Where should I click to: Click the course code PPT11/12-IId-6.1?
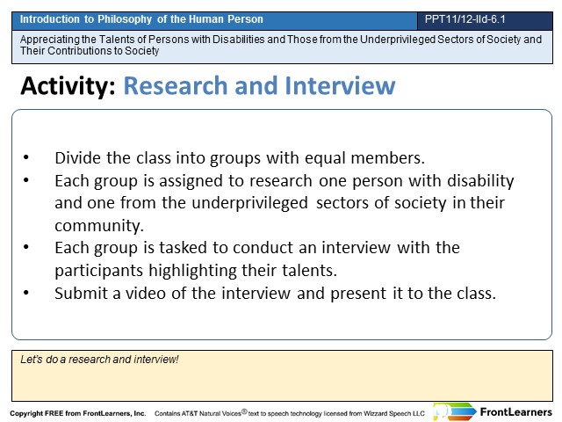pos(465,19)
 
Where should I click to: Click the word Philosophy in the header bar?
pos(125,19)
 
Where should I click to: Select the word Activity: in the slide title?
pos(68,86)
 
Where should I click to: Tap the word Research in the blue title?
pos(176,86)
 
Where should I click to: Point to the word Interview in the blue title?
pos(340,86)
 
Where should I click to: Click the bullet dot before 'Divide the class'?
pos(26,157)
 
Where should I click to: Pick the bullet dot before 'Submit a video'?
pos(26,293)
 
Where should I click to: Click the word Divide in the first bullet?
pos(77,158)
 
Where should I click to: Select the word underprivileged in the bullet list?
pos(249,203)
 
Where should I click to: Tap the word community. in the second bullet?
pos(99,226)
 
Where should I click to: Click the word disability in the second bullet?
pos(480,181)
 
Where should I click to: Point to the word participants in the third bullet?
pos(98,271)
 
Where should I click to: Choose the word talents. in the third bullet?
pos(310,270)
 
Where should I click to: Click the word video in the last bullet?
pos(146,293)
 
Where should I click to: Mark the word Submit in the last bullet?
pos(81,293)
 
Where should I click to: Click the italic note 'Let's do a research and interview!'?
pos(99,360)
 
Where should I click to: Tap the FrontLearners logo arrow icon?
pos(455,411)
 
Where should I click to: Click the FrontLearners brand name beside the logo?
pos(515,412)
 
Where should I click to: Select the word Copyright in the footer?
pos(25,413)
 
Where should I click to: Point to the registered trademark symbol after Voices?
pos(244,411)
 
